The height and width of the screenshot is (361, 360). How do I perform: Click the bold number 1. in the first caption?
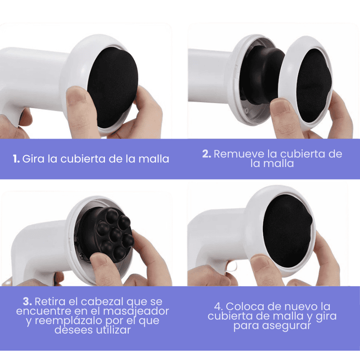click(16, 159)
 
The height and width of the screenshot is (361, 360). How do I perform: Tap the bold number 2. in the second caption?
click(207, 154)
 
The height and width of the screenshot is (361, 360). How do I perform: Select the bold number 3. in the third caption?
click(27, 302)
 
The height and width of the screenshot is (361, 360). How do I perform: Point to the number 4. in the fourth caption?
click(218, 307)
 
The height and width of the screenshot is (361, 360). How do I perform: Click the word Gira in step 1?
click(33, 159)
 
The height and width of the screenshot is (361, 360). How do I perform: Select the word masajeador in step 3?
click(136, 311)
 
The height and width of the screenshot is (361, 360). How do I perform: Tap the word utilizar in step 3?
click(113, 330)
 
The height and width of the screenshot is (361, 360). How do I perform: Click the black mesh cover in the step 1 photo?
click(113, 87)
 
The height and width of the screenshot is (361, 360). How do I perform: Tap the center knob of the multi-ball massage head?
click(116, 235)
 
